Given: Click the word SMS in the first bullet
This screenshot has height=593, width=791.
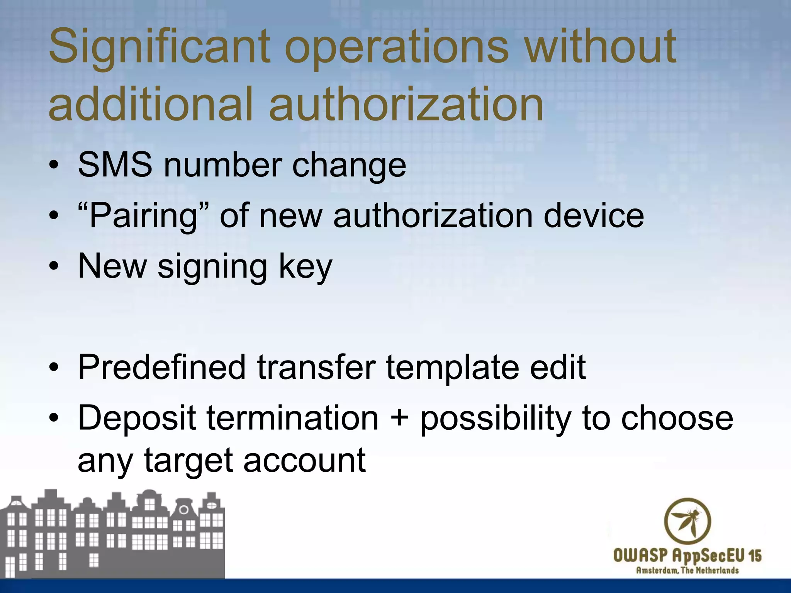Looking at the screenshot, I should tap(115, 165).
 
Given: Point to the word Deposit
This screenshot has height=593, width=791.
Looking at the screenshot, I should tap(137, 418).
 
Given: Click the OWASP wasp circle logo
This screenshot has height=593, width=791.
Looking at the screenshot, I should tap(687, 522).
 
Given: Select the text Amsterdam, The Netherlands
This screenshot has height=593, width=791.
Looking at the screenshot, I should tap(687, 570).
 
